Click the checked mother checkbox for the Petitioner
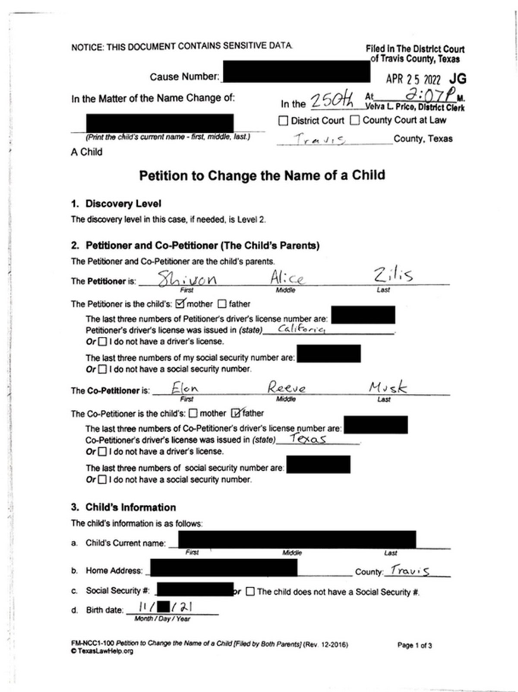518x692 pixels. coord(180,304)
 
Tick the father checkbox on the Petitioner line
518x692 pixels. coord(222,304)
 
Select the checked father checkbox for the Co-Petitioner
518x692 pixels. coord(236,413)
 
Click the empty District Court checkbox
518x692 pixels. coord(283,121)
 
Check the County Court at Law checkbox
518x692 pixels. coord(354,120)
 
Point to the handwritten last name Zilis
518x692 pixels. coord(393,275)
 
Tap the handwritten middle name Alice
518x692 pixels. coord(287,277)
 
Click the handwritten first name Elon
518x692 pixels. coord(185,388)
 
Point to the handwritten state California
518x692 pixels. coord(301,329)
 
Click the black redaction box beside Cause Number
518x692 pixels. coord(297,72)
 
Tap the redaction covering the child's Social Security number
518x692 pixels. coord(195,590)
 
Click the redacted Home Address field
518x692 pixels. coord(224,568)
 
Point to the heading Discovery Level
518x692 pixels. coord(123,204)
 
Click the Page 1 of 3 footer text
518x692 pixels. coord(414,645)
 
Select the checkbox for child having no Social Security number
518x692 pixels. coord(250,591)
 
